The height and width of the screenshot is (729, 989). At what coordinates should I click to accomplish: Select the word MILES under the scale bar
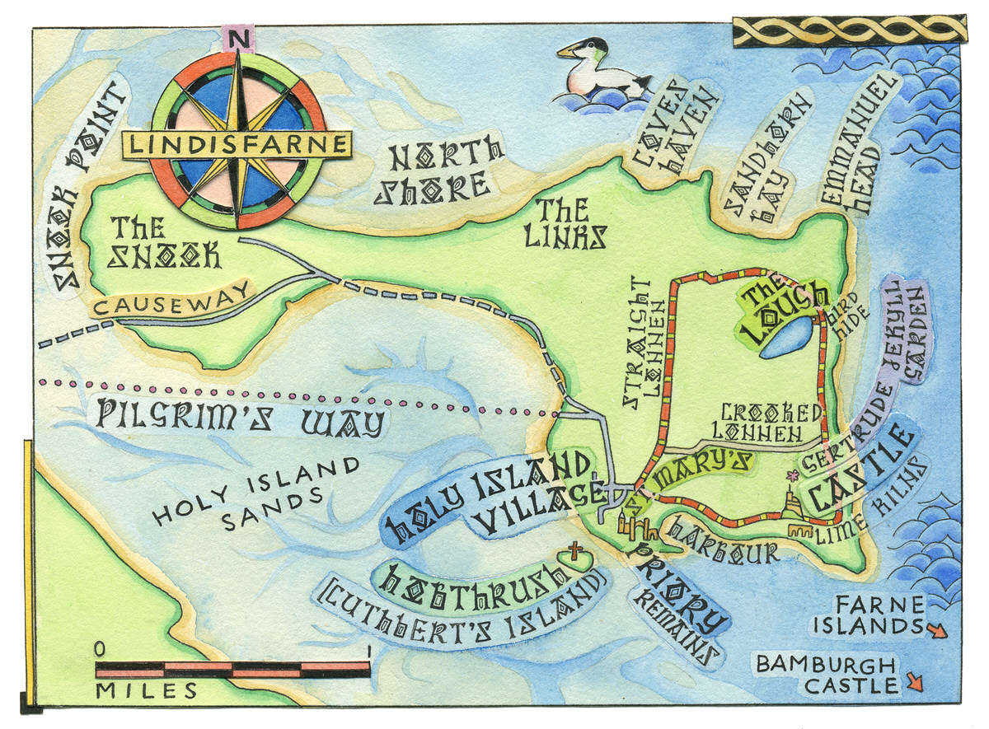147,690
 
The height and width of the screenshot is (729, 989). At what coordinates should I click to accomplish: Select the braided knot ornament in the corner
846,31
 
